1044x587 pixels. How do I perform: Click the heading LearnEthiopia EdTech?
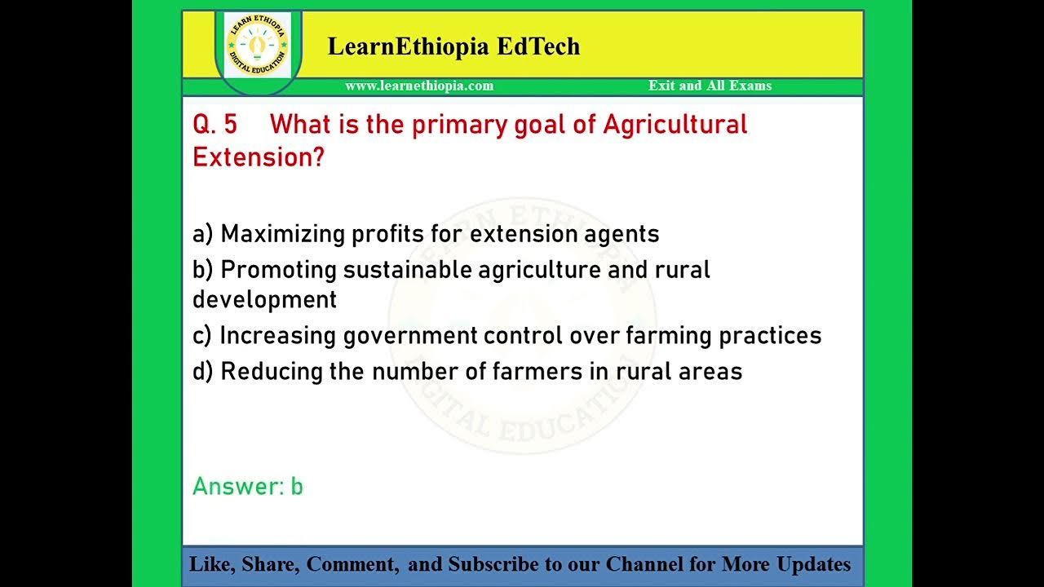point(453,46)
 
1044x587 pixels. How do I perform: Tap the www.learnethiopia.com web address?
point(419,86)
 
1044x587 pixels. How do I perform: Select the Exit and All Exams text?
point(710,86)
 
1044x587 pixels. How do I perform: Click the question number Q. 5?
point(215,125)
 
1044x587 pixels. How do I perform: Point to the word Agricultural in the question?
point(675,125)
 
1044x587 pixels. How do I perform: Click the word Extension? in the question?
point(258,157)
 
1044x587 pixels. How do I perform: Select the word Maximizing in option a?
point(282,234)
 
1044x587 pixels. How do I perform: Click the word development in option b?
point(264,299)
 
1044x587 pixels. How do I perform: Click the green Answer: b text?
point(248,487)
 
